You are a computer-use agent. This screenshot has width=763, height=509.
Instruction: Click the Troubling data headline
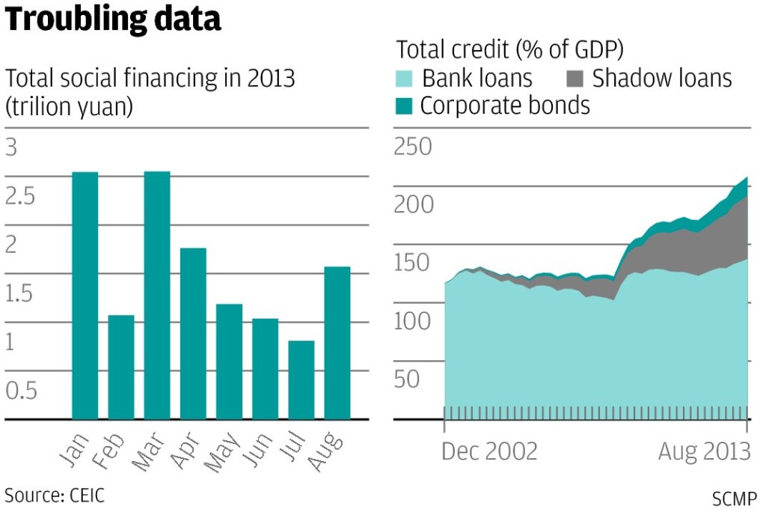(x=114, y=19)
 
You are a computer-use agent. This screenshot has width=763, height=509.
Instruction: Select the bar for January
(x=85, y=295)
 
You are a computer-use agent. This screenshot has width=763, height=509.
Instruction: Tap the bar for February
(x=121, y=367)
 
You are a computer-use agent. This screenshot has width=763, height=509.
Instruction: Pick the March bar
(x=157, y=295)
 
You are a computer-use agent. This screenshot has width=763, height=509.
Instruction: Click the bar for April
(x=193, y=333)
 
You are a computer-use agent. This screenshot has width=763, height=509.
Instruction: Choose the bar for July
(x=301, y=380)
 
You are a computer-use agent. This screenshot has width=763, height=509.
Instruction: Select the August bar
(x=337, y=342)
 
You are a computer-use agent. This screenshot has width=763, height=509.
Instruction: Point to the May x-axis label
(x=222, y=451)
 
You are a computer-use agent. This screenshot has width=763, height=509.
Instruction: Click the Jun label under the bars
(x=260, y=449)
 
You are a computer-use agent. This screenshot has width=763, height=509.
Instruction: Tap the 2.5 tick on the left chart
(x=21, y=196)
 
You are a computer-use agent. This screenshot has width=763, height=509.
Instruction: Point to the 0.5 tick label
(x=21, y=391)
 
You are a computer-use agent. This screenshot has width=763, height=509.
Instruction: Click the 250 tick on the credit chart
(x=413, y=147)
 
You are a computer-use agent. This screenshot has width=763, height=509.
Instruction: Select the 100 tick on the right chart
(x=413, y=322)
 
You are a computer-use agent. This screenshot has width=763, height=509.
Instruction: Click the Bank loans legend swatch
(x=405, y=78)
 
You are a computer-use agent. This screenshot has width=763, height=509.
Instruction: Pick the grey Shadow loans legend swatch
(x=574, y=78)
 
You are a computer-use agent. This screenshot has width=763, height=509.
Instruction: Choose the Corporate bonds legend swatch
(x=405, y=106)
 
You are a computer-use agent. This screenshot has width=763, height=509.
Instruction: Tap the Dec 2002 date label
(x=489, y=452)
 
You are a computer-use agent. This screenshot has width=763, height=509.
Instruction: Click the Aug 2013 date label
(x=704, y=452)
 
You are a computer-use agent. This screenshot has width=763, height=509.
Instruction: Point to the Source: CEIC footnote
(x=55, y=495)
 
